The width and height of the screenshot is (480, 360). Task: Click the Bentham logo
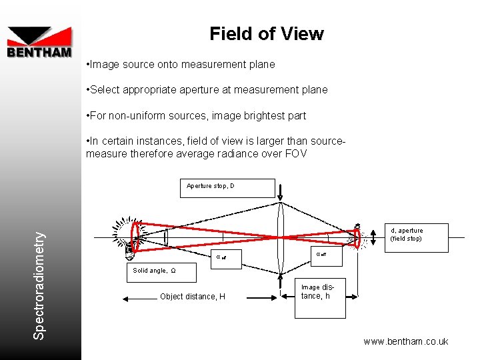tap(39, 42)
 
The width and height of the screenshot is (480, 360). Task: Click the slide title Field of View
tap(267, 34)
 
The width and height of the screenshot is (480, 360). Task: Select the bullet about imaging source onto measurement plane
tap(180, 65)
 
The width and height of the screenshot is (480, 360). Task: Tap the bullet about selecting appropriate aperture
tap(207, 90)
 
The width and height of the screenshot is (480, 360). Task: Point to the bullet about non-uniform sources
tap(196, 116)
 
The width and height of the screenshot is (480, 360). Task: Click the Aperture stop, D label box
tap(227, 187)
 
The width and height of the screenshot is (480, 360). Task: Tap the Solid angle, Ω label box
tap(161, 272)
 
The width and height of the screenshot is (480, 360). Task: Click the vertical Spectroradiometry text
tap(41, 284)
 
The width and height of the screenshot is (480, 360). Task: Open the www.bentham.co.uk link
tap(405, 342)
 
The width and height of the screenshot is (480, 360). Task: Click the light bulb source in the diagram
tap(131, 236)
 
